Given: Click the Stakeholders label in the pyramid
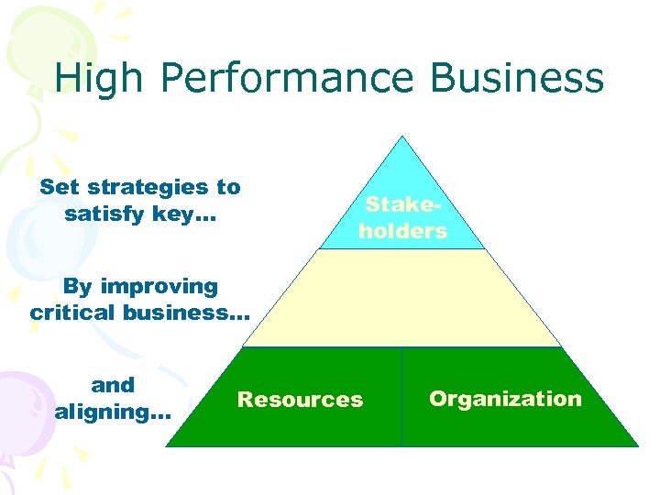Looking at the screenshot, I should pyautogui.click(x=402, y=218).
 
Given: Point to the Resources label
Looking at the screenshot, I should pyautogui.click(x=300, y=400).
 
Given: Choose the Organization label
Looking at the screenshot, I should pyautogui.click(x=505, y=399).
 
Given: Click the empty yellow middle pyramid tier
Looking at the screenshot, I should pyautogui.click(x=402, y=298).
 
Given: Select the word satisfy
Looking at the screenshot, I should pyautogui.click(x=100, y=214).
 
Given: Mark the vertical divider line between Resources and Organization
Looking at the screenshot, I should pyautogui.click(x=401, y=397).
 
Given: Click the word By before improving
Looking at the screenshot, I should pyautogui.click(x=77, y=287).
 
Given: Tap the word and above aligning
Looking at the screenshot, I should pyautogui.click(x=113, y=385).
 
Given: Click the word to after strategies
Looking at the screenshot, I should pyautogui.click(x=228, y=188).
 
